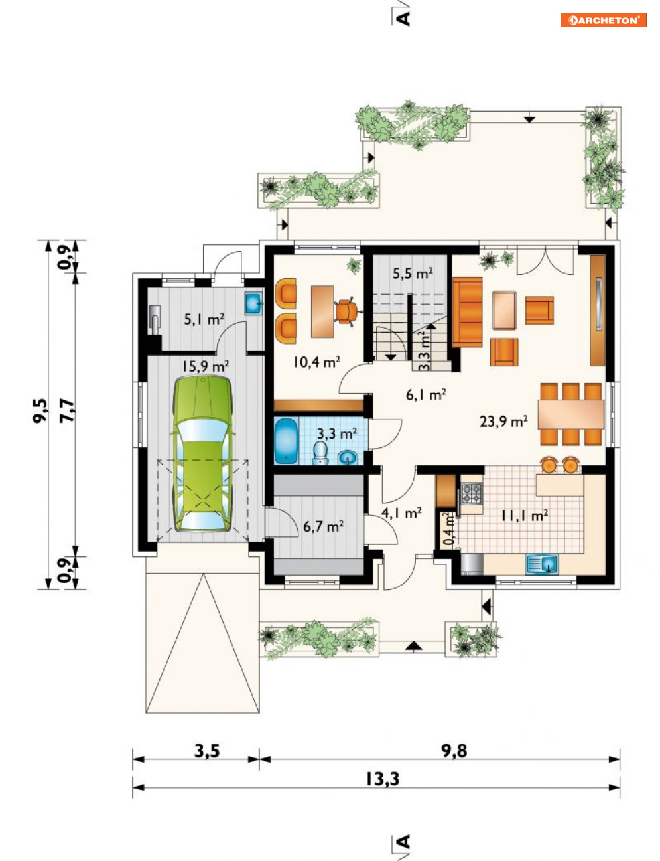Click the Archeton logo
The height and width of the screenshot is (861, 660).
[x=603, y=20]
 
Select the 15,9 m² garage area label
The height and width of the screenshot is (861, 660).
[x=205, y=366]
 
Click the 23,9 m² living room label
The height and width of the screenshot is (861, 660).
[x=503, y=421]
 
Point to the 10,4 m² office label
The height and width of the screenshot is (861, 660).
[x=316, y=362]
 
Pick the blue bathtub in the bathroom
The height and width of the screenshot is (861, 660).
[x=287, y=440]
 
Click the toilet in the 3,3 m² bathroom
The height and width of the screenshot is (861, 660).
[x=320, y=453]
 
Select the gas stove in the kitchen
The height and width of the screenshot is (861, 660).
[x=472, y=493]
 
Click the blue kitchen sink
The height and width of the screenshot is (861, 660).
[x=542, y=564]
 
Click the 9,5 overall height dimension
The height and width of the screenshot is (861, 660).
[x=40, y=411]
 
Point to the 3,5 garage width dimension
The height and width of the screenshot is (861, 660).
[x=207, y=751]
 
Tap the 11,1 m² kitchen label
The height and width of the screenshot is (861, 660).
[x=525, y=516]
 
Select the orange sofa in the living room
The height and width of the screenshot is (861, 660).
[x=467, y=312]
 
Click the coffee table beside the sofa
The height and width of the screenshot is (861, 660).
[x=504, y=310]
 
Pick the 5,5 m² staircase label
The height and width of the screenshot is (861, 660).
[x=413, y=274]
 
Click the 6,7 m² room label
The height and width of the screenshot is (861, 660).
[x=323, y=526]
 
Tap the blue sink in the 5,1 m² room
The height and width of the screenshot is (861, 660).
[x=253, y=304]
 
